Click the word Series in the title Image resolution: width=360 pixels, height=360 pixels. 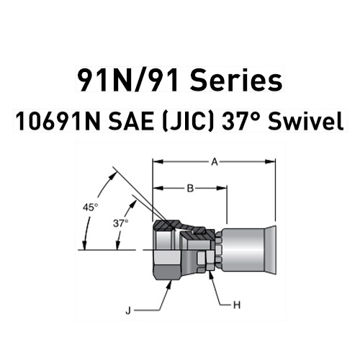tap(237, 80)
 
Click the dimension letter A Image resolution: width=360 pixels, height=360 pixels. tap(214, 163)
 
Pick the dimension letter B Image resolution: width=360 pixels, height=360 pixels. tap(190, 189)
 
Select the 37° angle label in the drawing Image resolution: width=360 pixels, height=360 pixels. tap(121, 223)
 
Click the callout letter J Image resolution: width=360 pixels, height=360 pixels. tap(128, 311)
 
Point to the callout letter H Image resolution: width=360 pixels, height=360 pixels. tap(235, 305)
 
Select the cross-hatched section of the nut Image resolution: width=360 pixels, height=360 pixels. tap(173, 226)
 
